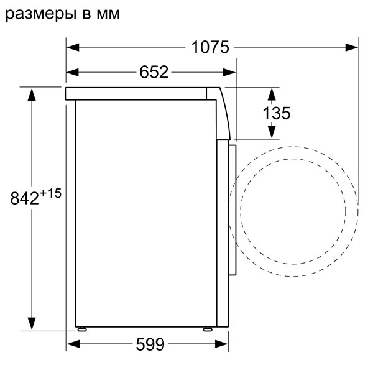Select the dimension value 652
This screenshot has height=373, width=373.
coord(154,72)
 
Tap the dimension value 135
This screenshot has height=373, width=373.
coord(276,113)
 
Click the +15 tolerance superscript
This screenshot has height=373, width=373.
coord(51,193)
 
